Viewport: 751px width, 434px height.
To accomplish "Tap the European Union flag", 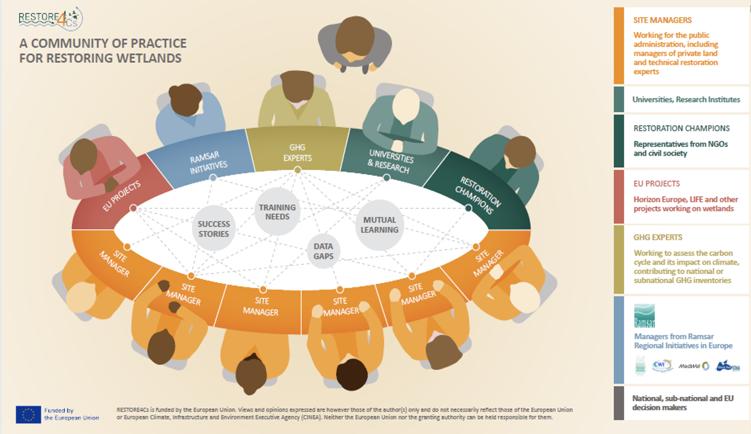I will pyautogui.click(x=28, y=414).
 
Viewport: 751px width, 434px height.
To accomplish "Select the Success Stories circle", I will pyautogui.click(x=214, y=229).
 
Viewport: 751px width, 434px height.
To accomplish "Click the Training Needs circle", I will pyautogui.click(x=277, y=212).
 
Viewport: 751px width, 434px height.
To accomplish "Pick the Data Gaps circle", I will pyautogui.click(x=323, y=251).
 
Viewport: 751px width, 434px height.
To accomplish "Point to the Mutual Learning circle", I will pyautogui.click(x=379, y=225).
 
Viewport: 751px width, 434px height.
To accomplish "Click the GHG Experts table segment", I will pyautogui.click(x=297, y=151).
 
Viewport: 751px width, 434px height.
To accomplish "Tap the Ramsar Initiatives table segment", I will pyautogui.click(x=208, y=162).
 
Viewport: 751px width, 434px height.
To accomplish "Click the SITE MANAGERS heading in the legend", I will pyautogui.click(x=662, y=20).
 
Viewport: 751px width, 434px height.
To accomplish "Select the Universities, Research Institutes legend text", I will pyautogui.click(x=686, y=99).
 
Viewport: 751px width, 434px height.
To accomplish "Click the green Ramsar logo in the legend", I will pyautogui.click(x=644, y=315).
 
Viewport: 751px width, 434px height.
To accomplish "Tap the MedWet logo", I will pyautogui.click(x=693, y=366).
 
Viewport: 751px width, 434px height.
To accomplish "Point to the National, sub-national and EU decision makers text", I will pyautogui.click(x=683, y=403).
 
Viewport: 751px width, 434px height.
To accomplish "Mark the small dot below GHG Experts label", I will pyautogui.click(x=297, y=170).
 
